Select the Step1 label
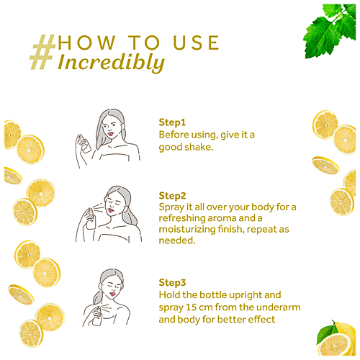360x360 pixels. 172,122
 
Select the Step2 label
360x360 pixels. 173,195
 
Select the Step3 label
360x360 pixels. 173,283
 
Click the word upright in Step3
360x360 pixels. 240,295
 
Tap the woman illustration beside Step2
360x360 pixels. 115,212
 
